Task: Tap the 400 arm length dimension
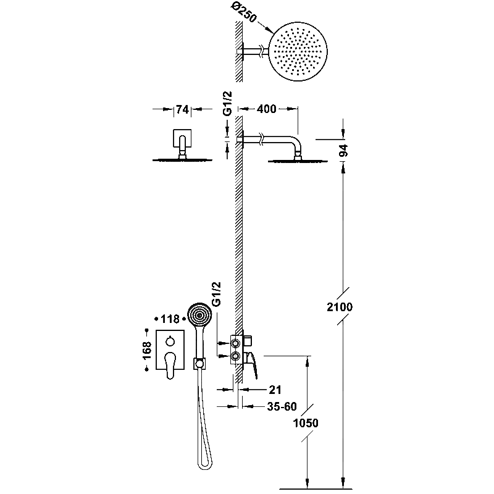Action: [x=267, y=109]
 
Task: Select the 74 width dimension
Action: [x=182, y=109]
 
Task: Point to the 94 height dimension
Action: [x=343, y=151]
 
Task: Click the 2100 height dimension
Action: [x=340, y=306]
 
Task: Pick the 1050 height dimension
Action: [x=306, y=423]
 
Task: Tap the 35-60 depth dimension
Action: [x=282, y=406]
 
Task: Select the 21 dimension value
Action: [x=275, y=390]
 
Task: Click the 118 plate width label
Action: [x=170, y=319]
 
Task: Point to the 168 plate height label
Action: [x=147, y=350]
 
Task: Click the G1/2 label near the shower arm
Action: [x=227, y=104]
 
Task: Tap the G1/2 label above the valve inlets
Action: [x=217, y=294]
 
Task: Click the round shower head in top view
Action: [x=298, y=51]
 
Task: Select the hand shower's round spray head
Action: [x=199, y=315]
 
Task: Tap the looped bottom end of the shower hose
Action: [x=205, y=464]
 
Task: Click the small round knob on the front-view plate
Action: [x=170, y=341]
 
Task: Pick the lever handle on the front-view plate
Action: [x=170, y=365]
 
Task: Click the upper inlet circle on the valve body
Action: [x=235, y=343]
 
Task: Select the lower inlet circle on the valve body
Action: [x=235, y=356]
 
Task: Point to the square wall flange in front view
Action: [x=182, y=138]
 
